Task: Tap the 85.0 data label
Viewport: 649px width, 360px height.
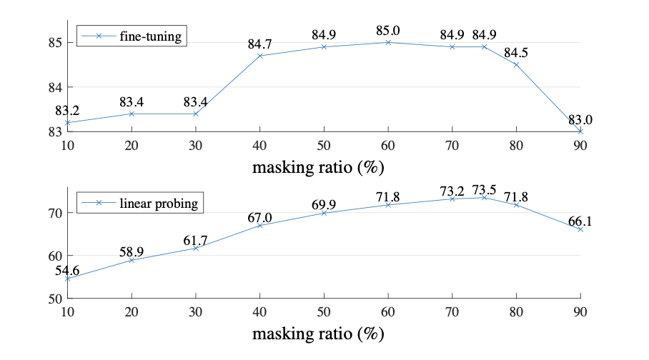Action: tap(388, 31)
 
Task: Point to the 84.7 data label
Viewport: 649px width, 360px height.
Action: tap(259, 44)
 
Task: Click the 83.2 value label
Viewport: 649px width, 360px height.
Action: tap(69, 111)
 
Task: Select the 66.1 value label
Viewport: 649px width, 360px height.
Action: tap(580, 221)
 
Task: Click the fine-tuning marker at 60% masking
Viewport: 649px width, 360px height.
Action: tap(388, 42)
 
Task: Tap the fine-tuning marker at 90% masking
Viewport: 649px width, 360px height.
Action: tap(580, 131)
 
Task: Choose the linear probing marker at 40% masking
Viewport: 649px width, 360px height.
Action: tap(260, 225)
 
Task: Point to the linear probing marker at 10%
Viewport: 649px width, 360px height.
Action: tap(68, 279)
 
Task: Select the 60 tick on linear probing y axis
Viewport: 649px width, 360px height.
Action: tap(54, 256)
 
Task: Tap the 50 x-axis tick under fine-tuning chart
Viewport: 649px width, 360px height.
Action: tap(324, 145)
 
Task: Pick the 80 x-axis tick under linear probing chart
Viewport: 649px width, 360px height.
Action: tap(516, 312)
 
